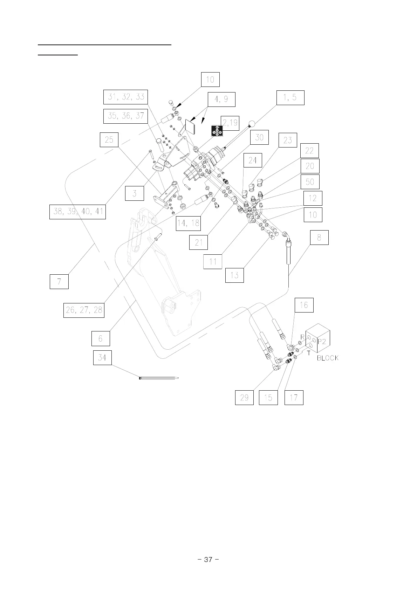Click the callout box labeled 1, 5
pyautogui.click(x=289, y=98)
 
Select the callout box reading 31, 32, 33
pyautogui.click(x=126, y=97)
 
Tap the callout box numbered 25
pyautogui.click(x=109, y=140)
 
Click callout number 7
pyautogui.click(x=59, y=282)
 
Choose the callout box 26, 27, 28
pyautogui.click(x=84, y=310)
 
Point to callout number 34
pyautogui.click(x=102, y=358)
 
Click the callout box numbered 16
pyautogui.click(x=303, y=305)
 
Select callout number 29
pyautogui.click(x=244, y=398)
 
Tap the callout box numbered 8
pyautogui.click(x=319, y=237)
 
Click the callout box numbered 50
pyautogui.click(x=310, y=182)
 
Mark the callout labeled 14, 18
pyautogui.click(x=189, y=224)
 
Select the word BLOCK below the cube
pyautogui.click(x=328, y=358)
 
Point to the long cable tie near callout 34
pyautogui.click(x=159, y=378)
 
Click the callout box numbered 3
pyautogui.click(x=135, y=193)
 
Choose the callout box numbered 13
pyautogui.click(x=234, y=275)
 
